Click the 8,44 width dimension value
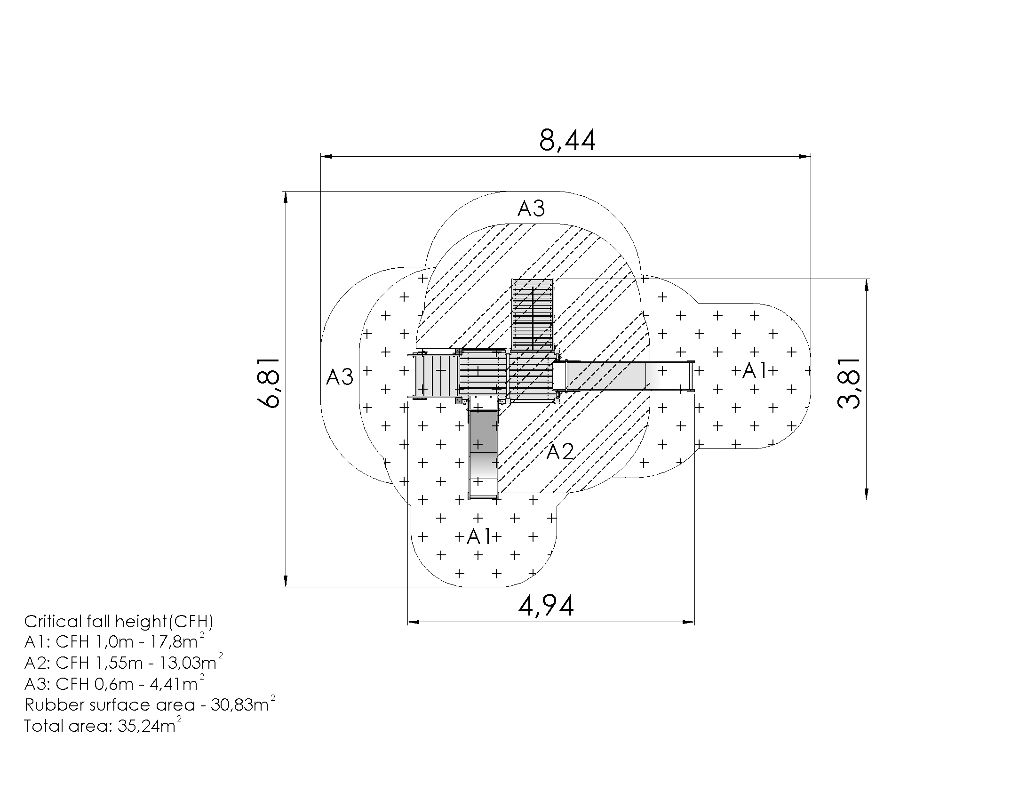567,141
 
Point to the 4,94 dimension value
546,606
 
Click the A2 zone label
560,452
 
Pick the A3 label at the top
531,208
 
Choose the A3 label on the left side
340,377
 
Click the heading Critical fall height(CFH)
119,621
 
